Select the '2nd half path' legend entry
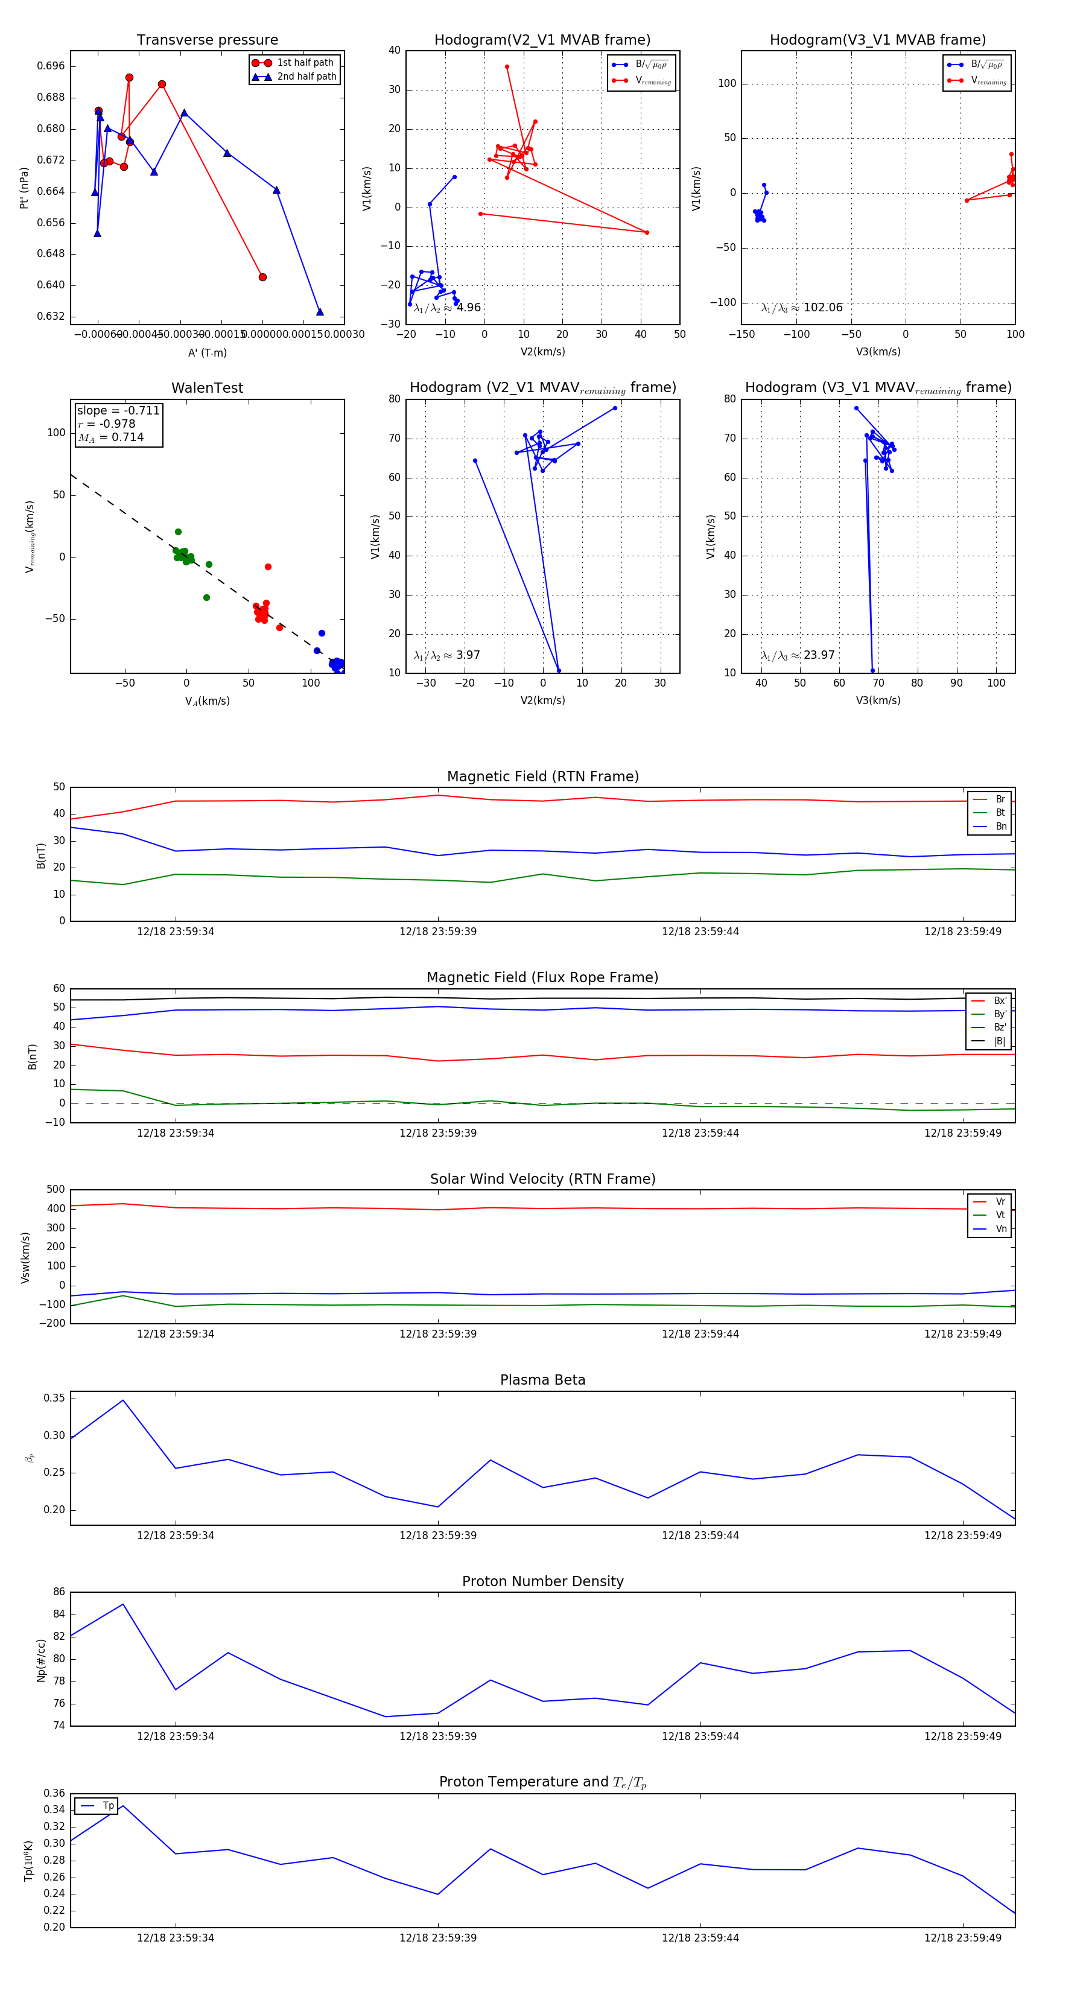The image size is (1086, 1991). pos(306,77)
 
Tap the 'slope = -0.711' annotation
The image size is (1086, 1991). pos(118,410)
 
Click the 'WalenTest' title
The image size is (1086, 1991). pos(207,388)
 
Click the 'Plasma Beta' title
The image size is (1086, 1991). pos(542,1380)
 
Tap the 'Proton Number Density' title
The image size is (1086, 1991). pos(542,1581)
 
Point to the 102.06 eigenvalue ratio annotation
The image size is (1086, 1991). pos(802,308)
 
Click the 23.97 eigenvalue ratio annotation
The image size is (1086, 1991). pos(798,655)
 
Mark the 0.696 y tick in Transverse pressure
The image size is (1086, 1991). pos(51,66)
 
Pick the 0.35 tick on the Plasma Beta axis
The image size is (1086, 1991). pos(54,1398)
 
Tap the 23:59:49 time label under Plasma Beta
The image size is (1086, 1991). pos(962,1535)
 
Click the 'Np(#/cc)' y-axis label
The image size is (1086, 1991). pos(41,1660)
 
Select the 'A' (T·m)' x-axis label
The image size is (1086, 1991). pos(207,353)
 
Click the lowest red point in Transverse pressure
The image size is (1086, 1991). pos(263,278)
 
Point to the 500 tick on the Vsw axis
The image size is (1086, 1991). pos(56,1190)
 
